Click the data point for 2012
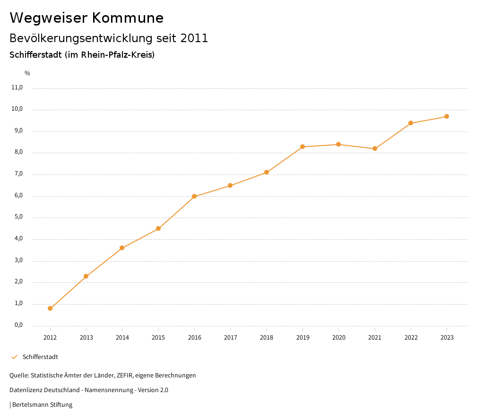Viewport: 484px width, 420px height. pyautogui.click(x=50, y=308)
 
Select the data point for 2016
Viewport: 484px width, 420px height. pyautogui.click(x=194, y=196)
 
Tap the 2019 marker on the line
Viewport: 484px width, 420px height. pyautogui.click(x=302, y=147)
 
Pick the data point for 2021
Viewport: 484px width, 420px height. pyautogui.click(x=375, y=149)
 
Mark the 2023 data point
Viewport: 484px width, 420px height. pyautogui.click(x=447, y=116)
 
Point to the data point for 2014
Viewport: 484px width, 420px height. pyautogui.click(x=122, y=248)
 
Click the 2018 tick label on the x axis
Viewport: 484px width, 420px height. pyautogui.click(x=267, y=338)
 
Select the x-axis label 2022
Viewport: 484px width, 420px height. pyautogui.click(x=411, y=338)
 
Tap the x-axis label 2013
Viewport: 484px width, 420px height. pyautogui.click(x=86, y=338)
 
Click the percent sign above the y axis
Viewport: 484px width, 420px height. pyautogui.click(x=27, y=73)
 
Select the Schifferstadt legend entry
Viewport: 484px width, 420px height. pyautogui.click(x=40, y=357)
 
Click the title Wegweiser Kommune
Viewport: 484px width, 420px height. pyautogui.click(x=86, y=18)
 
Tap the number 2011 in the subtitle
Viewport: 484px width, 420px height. pyautogui.click(x=194, y=38)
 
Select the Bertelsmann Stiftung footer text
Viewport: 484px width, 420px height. pyautogui.click(x=42, y=405)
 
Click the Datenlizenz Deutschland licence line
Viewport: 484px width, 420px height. pyautogui.click(x=89, y=390)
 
